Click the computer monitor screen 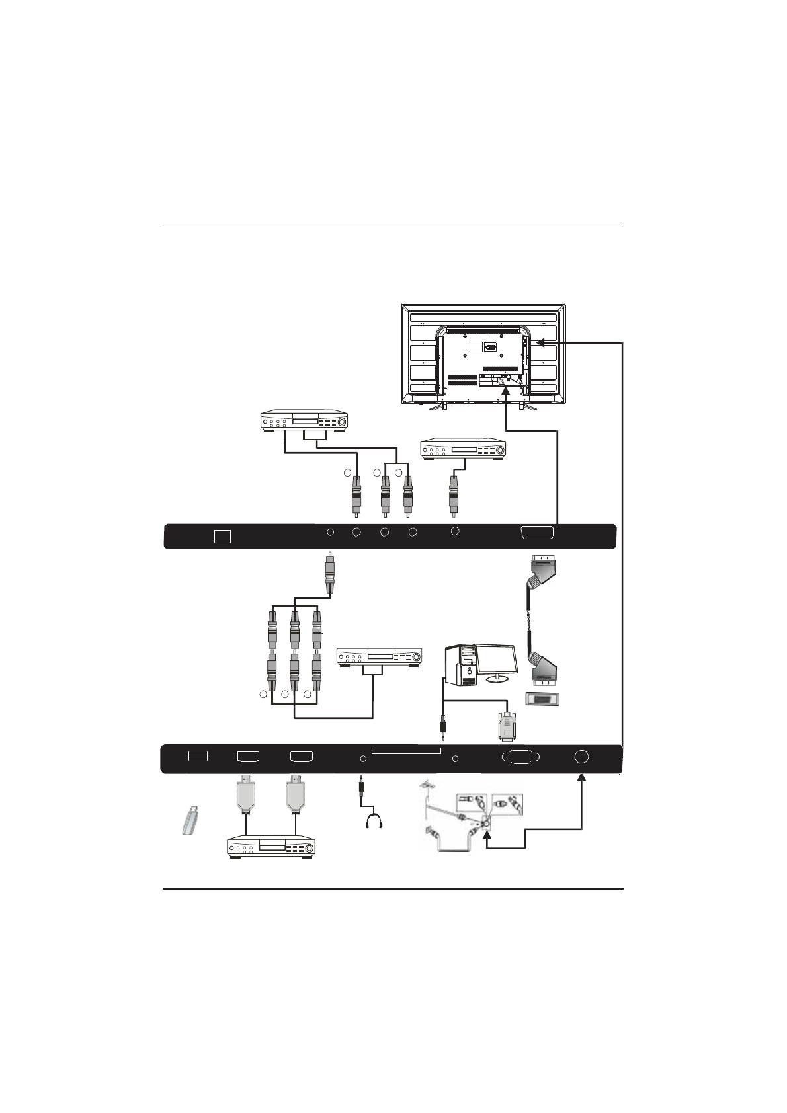pos(495,658)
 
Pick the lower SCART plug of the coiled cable pos(544,668)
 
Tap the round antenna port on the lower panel pos(581,757)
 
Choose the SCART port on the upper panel pos(538,534)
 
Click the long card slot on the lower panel pos(406,751)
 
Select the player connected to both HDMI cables pos(271,847)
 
